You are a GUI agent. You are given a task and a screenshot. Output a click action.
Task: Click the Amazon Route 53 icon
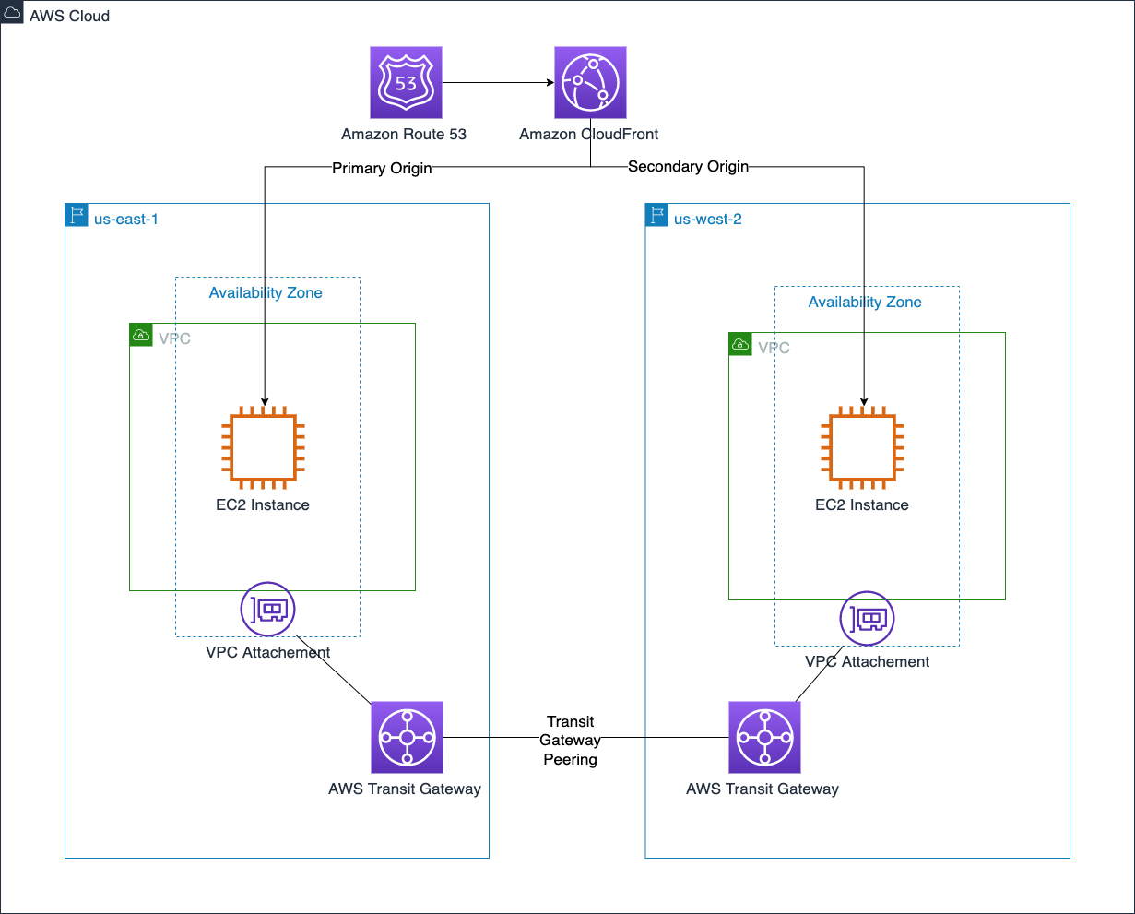point(406,83)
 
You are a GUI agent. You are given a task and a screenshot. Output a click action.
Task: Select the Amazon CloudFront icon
point(590,83)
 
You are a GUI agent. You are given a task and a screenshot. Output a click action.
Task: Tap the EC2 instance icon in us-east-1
point(263,447)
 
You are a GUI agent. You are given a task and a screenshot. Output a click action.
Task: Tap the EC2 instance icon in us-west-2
point(862,447)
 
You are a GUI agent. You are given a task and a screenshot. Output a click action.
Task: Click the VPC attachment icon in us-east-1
point(267,609)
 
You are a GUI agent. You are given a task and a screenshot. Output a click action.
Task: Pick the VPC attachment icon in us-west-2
point(867,618)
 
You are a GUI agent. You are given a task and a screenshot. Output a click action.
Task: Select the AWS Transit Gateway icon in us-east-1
point(407,737)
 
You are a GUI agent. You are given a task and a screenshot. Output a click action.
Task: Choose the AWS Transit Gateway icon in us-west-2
point(764,737)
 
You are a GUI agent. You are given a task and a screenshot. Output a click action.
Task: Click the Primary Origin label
point(382,169)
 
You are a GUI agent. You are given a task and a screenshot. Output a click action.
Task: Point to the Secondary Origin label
point(688,167)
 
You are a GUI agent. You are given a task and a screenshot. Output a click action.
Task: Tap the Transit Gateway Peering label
point(570,741)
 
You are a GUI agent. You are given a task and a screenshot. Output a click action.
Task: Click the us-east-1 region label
point(126,220)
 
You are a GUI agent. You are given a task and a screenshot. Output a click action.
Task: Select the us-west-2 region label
point(707,220)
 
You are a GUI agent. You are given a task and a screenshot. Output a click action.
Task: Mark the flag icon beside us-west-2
point(656,215)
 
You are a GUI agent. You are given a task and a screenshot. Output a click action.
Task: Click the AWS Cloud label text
point(69,17)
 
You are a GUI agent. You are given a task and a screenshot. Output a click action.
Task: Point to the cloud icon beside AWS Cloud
point(12,14)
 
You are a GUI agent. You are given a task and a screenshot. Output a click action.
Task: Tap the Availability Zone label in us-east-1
point(266,293)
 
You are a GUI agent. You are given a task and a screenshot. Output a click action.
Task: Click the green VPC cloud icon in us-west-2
point(739,344)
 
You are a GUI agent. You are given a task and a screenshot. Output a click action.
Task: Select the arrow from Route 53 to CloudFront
point(498,83)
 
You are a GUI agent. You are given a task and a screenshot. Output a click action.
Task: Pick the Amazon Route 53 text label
point(404,135)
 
